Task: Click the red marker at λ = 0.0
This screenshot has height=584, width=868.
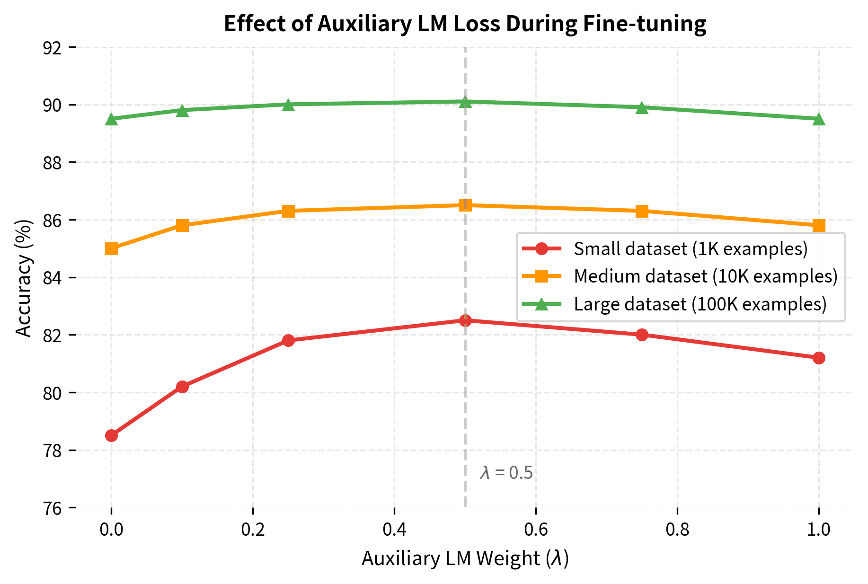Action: (111, 435)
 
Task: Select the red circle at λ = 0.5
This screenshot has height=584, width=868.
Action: (465, 320)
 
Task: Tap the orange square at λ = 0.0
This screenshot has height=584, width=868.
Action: (111, 248)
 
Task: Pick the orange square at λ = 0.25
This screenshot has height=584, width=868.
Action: (288, 211)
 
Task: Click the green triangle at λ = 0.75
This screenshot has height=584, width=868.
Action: (642, 107)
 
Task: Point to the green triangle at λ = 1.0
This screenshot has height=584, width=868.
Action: (819, 119)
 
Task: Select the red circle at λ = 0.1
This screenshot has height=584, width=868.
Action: (182, 387)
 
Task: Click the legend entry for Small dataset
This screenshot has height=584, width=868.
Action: (690, 248)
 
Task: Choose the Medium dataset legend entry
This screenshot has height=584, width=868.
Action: (705, 276)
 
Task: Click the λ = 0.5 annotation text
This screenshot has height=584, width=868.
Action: (506, 473)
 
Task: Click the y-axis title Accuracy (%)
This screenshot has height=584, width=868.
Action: (24, 278)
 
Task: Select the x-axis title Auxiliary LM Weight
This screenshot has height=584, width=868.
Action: (465, 558)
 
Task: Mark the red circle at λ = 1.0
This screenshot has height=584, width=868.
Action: (819, 358)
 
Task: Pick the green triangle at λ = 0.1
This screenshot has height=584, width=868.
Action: (182, 110)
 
